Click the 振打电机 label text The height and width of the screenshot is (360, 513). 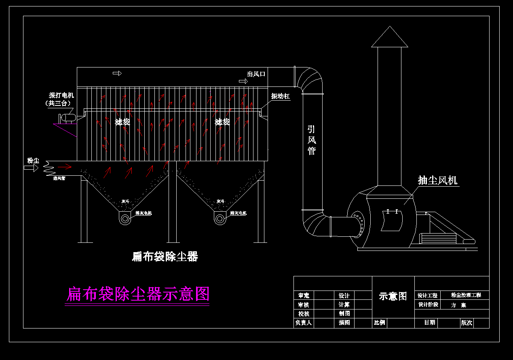(61, 96)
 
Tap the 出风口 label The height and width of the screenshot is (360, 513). (256, 74)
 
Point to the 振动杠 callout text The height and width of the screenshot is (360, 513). (281, 96)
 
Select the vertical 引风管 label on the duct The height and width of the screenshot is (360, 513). (312, 140)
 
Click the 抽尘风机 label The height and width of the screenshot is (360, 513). (438, 180)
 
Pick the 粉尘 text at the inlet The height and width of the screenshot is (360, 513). (33, 161)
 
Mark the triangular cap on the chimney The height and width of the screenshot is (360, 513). (390, 38)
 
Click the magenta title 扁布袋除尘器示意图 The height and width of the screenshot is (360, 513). (137, 294)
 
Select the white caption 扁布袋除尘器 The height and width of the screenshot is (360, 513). (165, 256)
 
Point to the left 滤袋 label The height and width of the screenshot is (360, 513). (122, 122)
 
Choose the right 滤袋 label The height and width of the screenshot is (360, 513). (222, 122)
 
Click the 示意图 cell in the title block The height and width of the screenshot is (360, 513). (393, 296)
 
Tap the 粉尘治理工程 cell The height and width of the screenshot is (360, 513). (466, 295)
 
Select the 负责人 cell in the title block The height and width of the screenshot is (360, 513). (303, 323)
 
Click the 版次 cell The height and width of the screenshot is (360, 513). (467, 323)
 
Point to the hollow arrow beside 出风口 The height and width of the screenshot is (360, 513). (243, 82)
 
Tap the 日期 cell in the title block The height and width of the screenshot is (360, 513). (429, 323)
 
